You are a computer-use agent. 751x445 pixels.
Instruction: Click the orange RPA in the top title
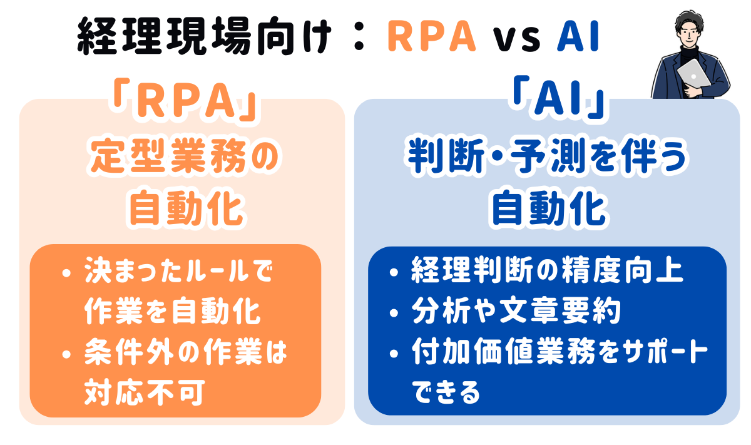click(432, 36)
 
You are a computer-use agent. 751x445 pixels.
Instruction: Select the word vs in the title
click(516, 39)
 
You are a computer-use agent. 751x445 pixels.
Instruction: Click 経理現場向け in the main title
click(204, 36)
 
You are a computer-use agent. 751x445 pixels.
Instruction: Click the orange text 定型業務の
click(185, 156)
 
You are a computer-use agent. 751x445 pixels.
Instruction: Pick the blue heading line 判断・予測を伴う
click(547, 156)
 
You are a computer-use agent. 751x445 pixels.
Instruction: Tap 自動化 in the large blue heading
click(549, 208)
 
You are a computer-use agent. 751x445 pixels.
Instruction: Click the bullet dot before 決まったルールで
click(67, 274)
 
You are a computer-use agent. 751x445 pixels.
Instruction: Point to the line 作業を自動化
click(173, 311)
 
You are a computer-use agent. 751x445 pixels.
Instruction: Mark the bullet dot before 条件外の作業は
click(67, 354)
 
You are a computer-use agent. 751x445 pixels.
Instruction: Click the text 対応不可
click(145, 392)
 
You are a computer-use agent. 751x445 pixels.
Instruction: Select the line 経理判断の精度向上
click(547, 270)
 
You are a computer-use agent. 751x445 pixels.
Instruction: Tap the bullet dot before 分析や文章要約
click(394, 313)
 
